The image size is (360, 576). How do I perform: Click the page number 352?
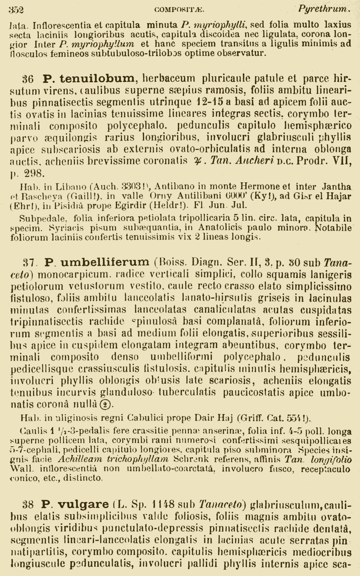(x=16, y=9)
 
